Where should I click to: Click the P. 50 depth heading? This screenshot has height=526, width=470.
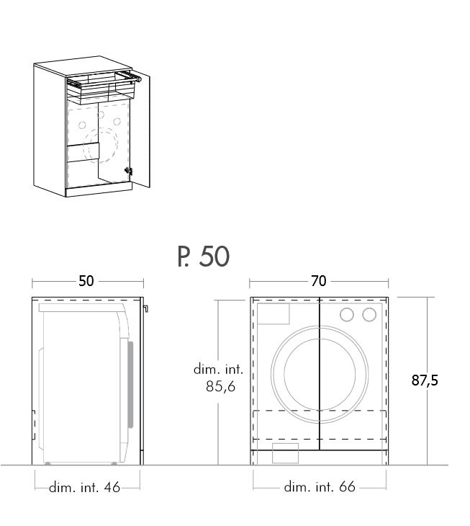204,257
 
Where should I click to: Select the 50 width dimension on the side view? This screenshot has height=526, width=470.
86,281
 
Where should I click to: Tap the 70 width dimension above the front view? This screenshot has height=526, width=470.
319,281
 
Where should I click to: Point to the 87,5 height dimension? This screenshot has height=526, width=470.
425,380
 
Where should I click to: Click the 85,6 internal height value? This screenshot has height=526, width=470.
220,386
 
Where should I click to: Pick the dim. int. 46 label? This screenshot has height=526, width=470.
84,487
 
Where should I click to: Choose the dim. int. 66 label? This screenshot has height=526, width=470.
320,487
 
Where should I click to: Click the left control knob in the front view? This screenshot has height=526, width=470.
347,315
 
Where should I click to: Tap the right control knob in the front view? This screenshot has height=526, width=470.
369,315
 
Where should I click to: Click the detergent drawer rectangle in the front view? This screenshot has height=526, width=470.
273,314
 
